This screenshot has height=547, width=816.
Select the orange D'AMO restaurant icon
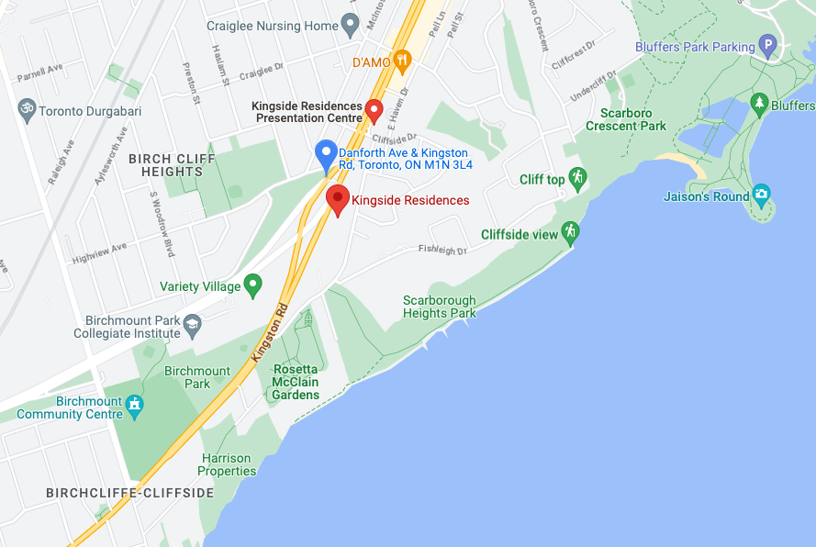402,61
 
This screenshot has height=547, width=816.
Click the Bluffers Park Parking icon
768,46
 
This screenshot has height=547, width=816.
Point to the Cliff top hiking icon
577,178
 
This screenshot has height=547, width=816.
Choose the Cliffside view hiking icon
571,232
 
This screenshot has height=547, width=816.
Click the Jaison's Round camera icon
761,195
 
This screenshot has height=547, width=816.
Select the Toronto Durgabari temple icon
27,109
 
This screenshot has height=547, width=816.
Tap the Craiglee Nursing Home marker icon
350,25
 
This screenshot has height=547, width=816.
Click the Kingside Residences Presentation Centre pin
374,110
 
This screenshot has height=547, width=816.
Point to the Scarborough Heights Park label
440,307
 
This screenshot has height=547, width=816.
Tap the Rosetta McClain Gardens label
296,382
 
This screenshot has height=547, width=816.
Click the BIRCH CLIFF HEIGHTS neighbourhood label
172,165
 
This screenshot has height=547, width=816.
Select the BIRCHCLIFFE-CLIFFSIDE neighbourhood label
129,493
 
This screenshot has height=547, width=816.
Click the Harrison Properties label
227,464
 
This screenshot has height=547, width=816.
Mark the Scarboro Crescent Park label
633,119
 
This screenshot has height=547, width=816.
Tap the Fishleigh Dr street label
442,250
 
